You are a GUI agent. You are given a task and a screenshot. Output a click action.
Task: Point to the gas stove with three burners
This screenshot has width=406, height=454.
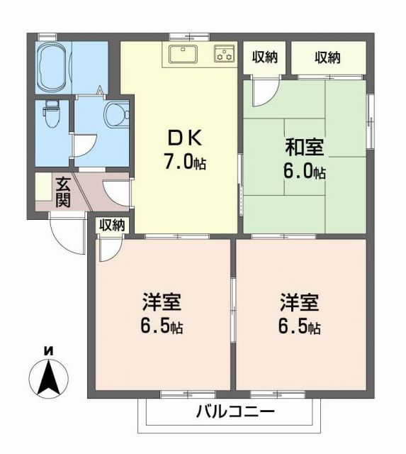[x=225, y=54]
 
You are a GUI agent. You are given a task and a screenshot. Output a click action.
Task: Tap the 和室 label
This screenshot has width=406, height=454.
[x=304, y=148]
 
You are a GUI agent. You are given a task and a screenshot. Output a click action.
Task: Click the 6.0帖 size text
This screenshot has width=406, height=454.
[x=305, y=172]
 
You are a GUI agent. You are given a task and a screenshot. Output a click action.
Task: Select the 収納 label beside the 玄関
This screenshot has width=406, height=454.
[x=111, y=225]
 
